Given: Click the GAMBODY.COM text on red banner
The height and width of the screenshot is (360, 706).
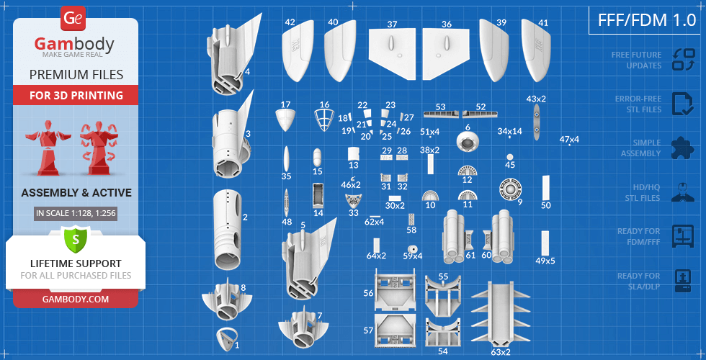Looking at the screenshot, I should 75,298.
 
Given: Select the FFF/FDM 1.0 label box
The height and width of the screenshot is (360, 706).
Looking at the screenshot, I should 643,20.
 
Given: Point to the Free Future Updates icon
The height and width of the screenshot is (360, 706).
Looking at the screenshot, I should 682,60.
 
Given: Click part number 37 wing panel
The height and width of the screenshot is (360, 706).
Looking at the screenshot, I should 393,54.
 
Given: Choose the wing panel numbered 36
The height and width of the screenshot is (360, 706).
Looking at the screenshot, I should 447,54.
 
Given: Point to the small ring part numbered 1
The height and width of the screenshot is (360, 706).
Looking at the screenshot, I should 227,336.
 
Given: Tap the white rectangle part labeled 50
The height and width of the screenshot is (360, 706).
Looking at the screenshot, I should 545,186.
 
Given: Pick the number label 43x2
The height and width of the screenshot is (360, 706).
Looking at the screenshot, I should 536,99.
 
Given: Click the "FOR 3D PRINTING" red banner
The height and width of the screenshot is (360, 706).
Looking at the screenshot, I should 75,95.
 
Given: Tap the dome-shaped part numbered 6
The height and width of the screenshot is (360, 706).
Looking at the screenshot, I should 469,143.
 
